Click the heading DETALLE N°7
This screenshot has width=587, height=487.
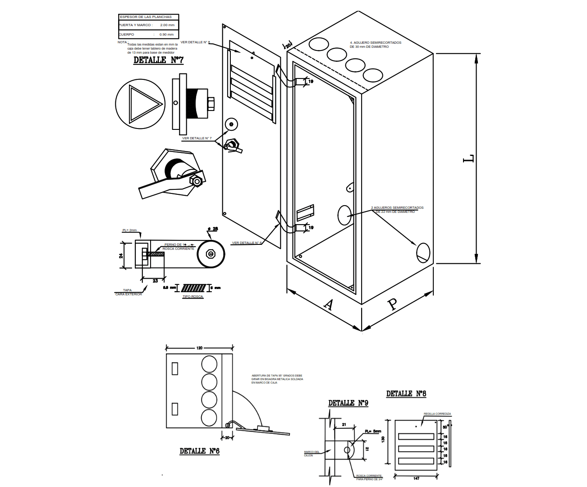pos(158,60)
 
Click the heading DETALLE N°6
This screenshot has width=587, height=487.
pos(199,451)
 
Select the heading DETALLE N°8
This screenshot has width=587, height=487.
pos(406,394)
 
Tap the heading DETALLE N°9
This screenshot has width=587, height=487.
pos(348,403)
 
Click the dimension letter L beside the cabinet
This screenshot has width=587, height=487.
pos(469,158)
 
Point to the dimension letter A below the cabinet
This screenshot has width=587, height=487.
pos(329,305)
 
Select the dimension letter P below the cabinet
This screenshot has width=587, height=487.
pos(392,304)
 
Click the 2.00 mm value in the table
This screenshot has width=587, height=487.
pos(167,25)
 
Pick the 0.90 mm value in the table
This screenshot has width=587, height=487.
pos(166,34)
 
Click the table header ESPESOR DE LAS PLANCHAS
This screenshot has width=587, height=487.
pos(146,17)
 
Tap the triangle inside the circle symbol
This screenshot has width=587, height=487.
pos(143,104)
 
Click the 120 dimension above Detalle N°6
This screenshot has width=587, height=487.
pos(199,348)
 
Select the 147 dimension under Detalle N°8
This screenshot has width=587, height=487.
pos(416,478)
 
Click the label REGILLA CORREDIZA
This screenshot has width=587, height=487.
pos(437,414)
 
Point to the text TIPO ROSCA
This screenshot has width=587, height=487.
pos(193,297)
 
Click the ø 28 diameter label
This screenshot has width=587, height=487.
pos(213,229)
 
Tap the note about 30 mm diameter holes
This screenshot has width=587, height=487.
pos(375,45)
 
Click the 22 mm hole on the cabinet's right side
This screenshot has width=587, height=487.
pos(423,253)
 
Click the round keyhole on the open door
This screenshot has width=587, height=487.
pos(231,124)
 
